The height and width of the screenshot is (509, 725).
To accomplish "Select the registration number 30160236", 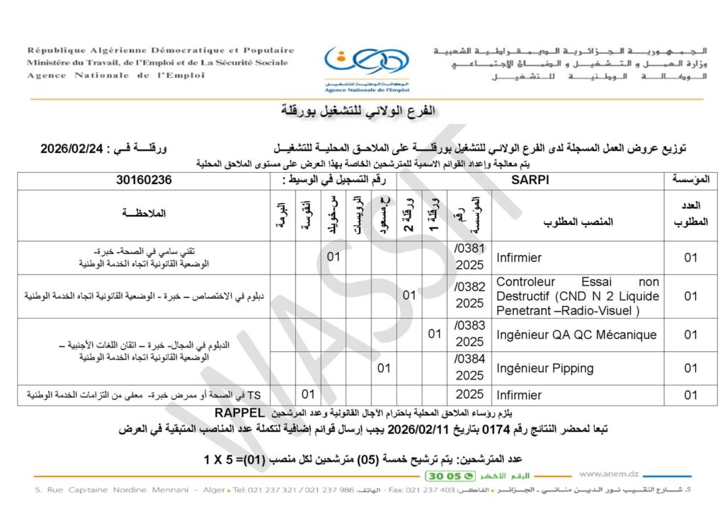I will click(144, 180).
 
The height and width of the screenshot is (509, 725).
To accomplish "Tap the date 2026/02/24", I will click(73, 149).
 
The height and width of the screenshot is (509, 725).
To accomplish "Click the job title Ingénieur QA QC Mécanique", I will click(576, 334).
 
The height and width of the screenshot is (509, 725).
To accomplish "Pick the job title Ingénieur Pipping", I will click(544, 368).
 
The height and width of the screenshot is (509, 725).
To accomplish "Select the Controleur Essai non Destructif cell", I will click(577, 296).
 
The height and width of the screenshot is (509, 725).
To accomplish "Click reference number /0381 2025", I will click(469, 257).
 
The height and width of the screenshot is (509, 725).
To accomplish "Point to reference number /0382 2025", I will click(469, 296).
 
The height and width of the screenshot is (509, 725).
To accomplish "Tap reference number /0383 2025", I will click(469, 334).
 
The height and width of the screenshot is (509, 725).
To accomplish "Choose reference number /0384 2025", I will click(469, 368).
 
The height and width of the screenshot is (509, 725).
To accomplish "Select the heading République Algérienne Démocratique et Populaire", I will click(160, 50).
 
